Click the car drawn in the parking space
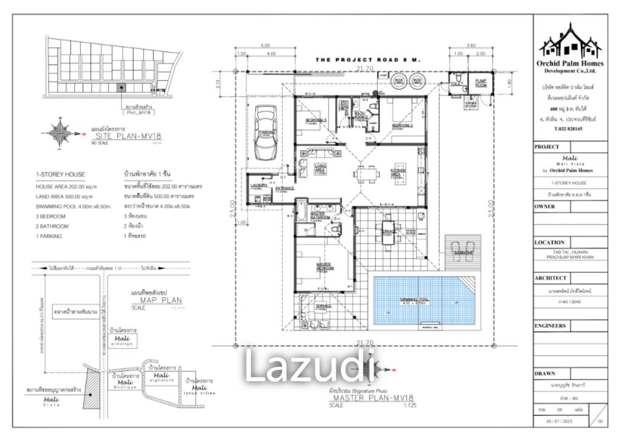click(264, 134)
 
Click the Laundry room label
click(258, 186)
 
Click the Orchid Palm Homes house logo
click(570, 39)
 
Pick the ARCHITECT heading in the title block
click(551, 277)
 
